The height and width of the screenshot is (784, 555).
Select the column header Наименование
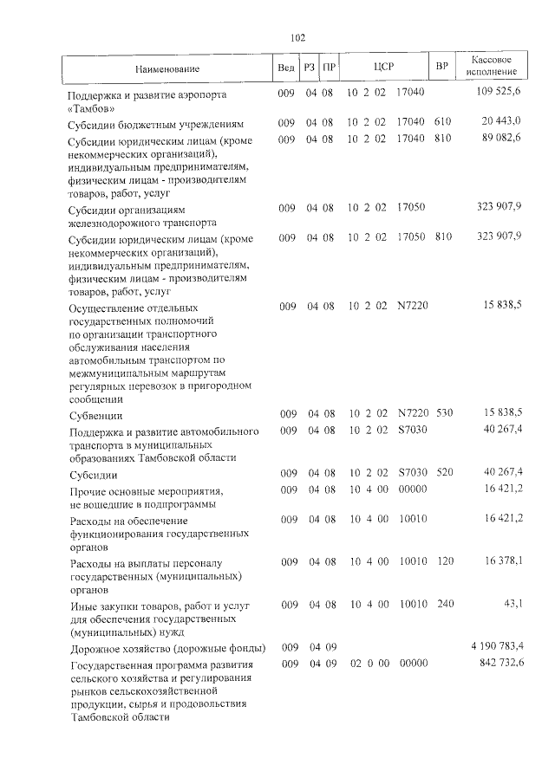(167, 68)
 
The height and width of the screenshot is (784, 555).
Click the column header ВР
(441, 68)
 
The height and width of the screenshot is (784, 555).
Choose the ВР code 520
(444, 475)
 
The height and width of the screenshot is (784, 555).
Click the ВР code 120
(444, 562)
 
